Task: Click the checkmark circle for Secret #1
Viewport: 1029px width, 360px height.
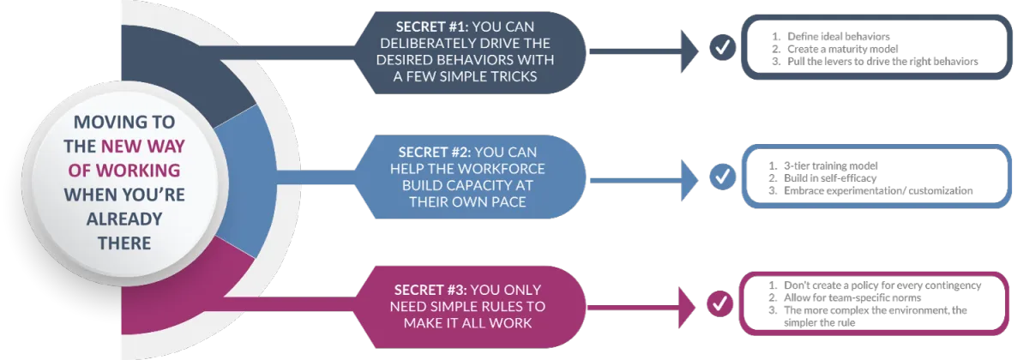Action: pos(723,48)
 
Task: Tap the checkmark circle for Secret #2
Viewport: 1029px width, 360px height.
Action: pos(723,177)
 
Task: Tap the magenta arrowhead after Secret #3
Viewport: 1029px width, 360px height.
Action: pos(691,303)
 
